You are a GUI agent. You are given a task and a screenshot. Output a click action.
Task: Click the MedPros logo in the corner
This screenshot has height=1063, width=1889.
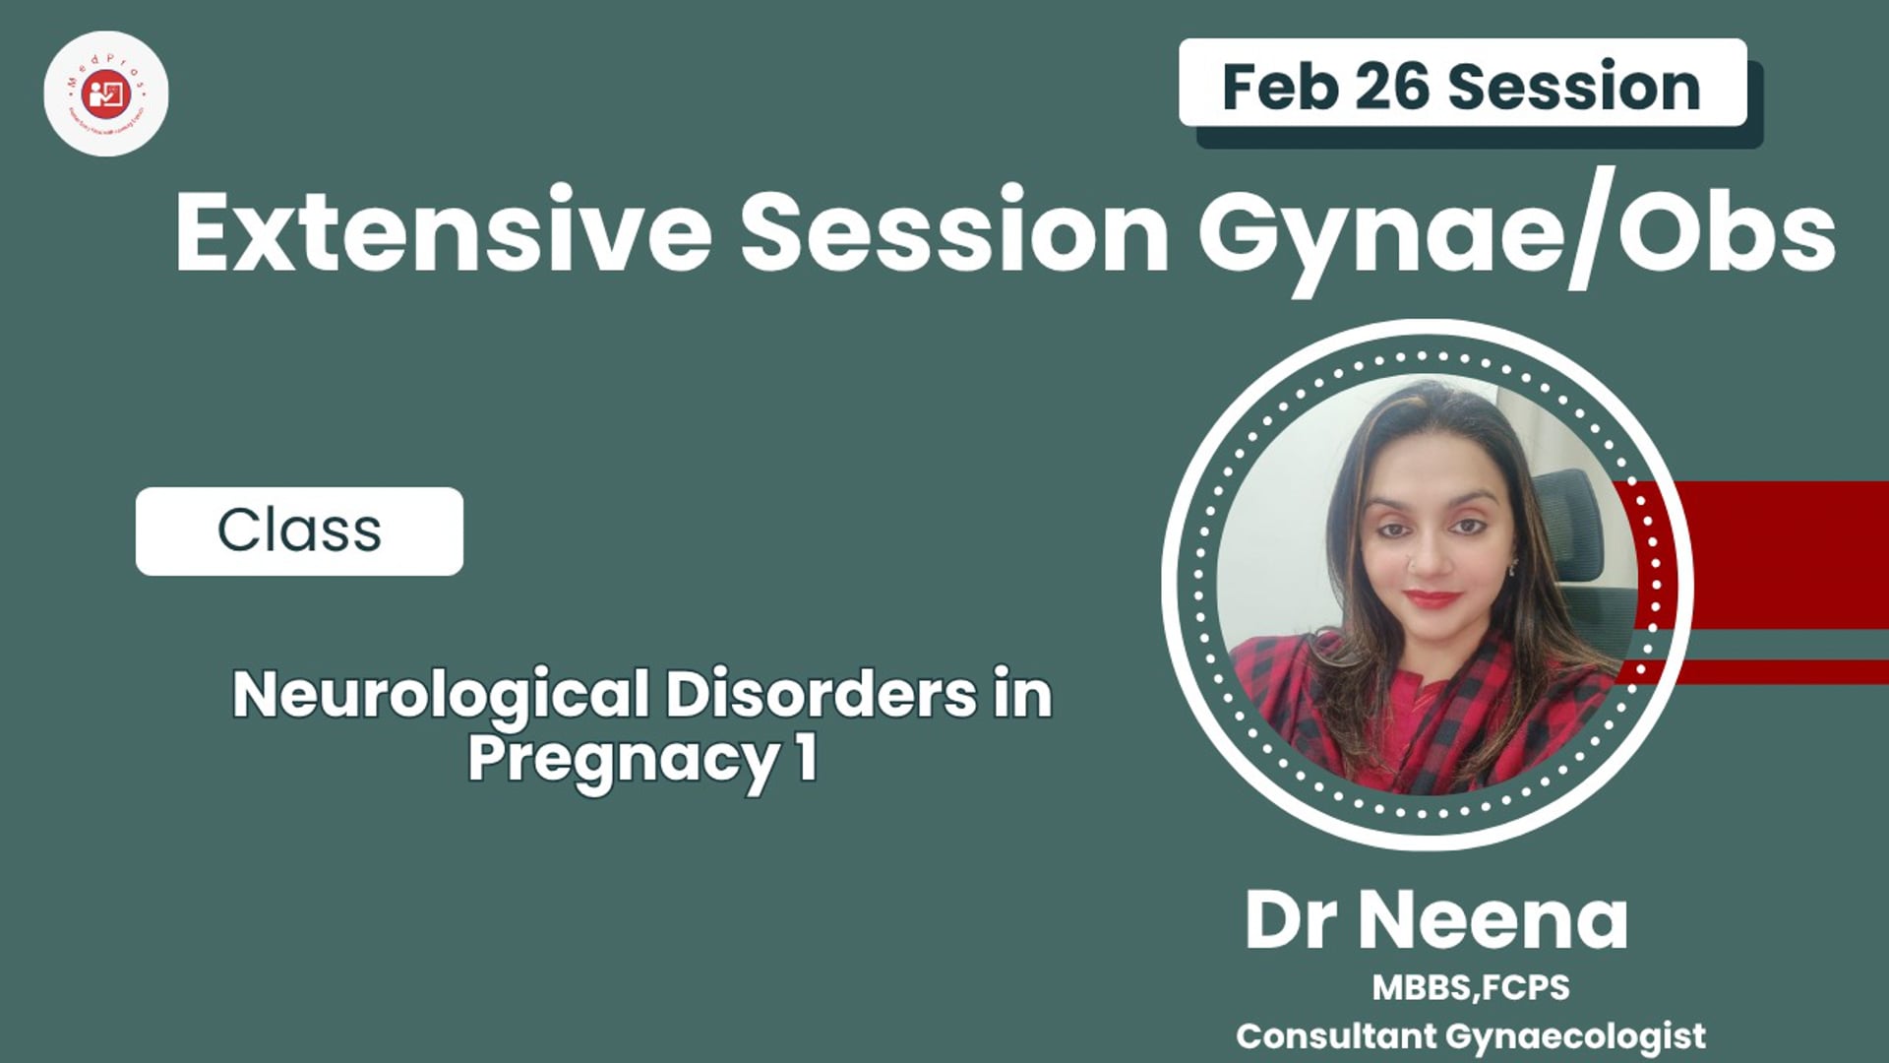coord(106,94)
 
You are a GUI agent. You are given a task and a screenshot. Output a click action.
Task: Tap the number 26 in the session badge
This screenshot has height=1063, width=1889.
coord(1391,87)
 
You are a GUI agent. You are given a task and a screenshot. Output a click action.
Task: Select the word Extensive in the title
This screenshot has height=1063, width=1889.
coord(443,232)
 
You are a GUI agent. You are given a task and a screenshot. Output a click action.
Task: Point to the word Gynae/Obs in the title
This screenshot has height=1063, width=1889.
coord(1516,232)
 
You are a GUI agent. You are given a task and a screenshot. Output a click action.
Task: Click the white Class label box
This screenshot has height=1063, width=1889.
coord(299,531)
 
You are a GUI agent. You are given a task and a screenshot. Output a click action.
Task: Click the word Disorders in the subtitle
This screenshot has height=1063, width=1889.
coord(822,695)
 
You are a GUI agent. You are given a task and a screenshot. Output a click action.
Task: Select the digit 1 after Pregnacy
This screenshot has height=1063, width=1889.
coord(807,758)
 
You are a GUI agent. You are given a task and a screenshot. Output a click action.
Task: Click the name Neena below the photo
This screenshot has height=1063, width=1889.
coord(1495,921)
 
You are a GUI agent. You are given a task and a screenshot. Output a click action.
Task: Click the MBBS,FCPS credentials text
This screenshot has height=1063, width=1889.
coord(1471,987)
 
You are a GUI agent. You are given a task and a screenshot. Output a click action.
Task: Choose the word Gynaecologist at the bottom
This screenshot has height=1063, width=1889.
coord(1575,1036)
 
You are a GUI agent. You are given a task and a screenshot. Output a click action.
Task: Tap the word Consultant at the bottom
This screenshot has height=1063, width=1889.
coord(1335,1035)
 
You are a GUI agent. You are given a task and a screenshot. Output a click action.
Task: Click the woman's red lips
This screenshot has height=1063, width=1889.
coord(1432,597)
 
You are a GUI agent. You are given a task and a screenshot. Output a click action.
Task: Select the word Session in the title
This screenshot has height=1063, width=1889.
coord(954,232)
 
